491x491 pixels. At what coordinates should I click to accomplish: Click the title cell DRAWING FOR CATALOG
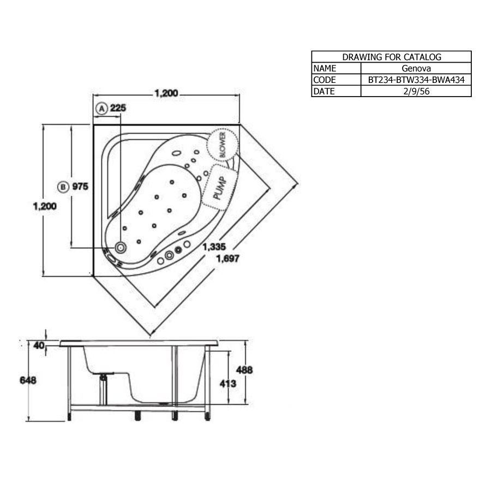coord(391,57)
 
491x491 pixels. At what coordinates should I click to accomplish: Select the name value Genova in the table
coord(416,68)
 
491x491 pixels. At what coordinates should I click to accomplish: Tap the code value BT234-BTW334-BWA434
coord(416,80)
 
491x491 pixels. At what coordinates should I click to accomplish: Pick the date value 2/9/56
coord(416,92)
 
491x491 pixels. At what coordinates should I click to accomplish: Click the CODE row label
coord(325,80)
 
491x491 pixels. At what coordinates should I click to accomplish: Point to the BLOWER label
coord(223,145)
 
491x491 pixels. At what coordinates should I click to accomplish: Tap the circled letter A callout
coord(101,109)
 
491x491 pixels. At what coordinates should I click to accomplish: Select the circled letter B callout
coord(63,187)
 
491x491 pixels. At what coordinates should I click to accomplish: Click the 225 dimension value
coord(118,108)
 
